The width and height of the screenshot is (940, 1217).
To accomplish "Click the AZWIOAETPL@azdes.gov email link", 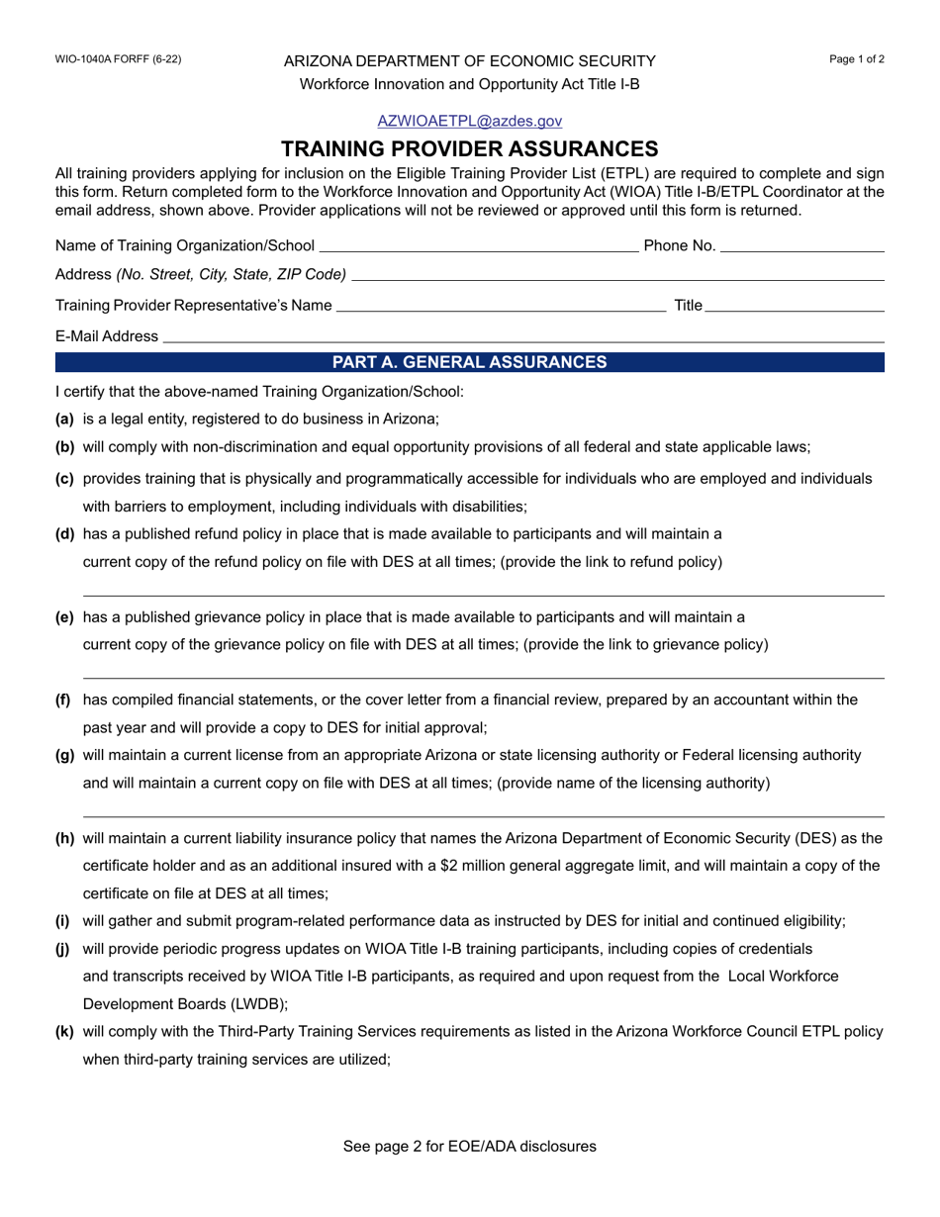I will [469, 121].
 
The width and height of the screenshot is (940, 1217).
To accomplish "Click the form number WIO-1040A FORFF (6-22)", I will [118, 59].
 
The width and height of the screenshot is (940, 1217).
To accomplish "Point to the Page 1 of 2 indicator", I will [856, 59].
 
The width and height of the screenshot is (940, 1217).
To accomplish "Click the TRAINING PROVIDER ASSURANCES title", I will [469, 149].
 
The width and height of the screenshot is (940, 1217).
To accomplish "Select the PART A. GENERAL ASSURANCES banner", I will [469, 362].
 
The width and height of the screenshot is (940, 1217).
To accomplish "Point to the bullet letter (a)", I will [64, 419].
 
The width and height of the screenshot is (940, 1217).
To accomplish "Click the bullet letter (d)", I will [64, 534].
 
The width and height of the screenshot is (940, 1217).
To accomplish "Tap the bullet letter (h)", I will [64, 838].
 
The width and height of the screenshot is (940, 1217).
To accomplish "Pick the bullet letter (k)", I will [64, 1031].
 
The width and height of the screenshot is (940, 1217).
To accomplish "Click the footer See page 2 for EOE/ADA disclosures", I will [469, 1147].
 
